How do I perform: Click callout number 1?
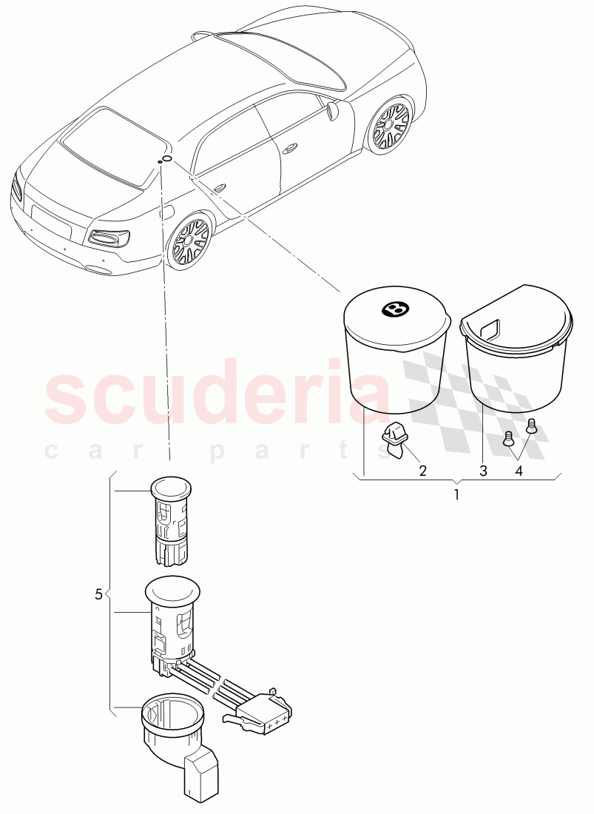456,495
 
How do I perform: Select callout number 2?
423,471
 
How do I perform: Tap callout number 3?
484,471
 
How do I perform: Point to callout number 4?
519,471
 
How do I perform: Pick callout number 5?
99,594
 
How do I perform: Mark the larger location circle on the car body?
167,158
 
